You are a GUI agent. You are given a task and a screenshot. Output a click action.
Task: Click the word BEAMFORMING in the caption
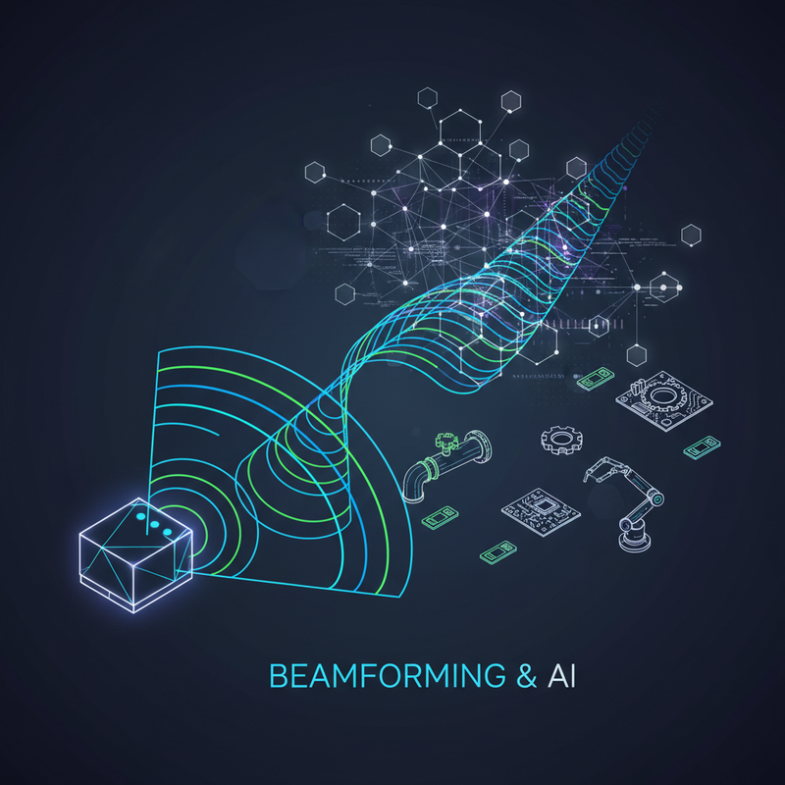(x=388, y=675)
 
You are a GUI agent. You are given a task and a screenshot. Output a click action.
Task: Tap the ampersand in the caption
(x=526, y=675)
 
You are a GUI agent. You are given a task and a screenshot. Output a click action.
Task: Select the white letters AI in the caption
(x=561, y=675)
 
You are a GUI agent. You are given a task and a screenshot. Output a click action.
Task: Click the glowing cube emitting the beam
(x=135, y=555)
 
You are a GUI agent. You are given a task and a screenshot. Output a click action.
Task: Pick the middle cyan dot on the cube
(x=155, y=525)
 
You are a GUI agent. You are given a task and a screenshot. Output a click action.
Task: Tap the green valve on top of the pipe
(x=447, y=442)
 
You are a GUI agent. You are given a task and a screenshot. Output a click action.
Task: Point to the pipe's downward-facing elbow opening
(x=413, y=497)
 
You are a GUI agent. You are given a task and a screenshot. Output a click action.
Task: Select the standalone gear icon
(x=561, y=440)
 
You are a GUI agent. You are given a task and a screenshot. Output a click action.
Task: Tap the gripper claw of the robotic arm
(x=595, y=471)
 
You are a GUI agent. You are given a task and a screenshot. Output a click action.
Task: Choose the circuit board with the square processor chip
(x=541, y=511)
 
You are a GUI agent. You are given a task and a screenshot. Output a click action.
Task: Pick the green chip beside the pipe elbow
(x=440, y=518)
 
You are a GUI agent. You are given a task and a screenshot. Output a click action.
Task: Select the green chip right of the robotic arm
(x=702, y=447)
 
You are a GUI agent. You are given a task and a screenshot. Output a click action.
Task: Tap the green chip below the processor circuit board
(x=498, y=552)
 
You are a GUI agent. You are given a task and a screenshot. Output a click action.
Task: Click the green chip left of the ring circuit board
(x=596, y=379)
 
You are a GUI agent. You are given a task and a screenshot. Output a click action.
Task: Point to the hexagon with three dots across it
(x=664, y=288)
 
